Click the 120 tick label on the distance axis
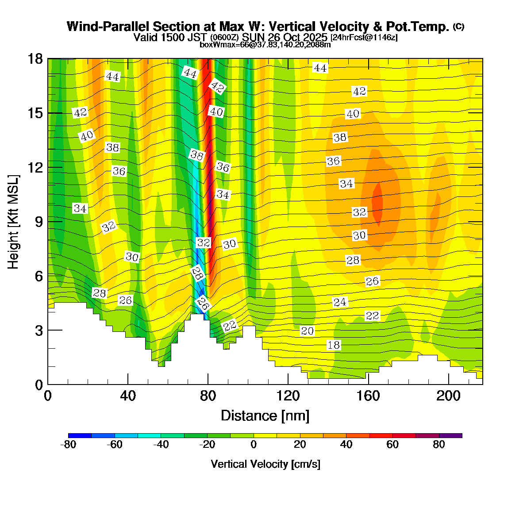coord(288,396)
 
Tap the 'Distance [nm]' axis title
coord(265,416)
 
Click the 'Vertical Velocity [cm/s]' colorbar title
coord(265,464)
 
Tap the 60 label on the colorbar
coord(392,445)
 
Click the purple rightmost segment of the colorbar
coord(450,435)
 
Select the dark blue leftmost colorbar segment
coord(80,435)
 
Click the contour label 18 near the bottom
coord(334,345)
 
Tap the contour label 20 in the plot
coord(307,331)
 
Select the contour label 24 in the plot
coord(340,302)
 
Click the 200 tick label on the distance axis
coord(448,396)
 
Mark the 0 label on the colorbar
coord(254,445)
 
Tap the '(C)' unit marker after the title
coord(458,27)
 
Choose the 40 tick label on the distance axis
coord(128,396)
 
